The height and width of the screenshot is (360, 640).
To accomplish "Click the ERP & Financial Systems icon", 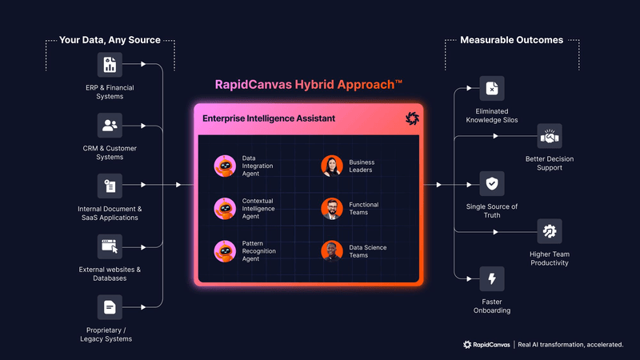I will pyautogui.click(x=110, y=66).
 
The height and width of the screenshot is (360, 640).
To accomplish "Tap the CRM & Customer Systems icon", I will pyautogui.click(x=110, y=126).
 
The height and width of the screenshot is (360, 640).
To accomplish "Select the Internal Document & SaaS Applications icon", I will pyautogui.click(x=110, y=186).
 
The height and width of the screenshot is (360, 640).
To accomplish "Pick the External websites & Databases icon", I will pyautogui.click(x=110, y=246).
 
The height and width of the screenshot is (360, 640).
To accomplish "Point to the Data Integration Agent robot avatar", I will pyautogui.click(x=224, y=166).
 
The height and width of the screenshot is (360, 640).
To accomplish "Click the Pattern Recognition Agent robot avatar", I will pyautogui.click(x=224, y=252).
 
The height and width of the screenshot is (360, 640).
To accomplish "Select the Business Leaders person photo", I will pyautogui.click(x=332, y=166).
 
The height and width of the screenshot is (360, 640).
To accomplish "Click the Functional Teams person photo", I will pyautogui.click(x=332, y=209).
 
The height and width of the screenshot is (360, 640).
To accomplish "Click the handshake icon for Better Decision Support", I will pyautogui.click(x=549, y=136).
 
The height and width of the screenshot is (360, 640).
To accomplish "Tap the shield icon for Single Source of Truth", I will pyautogui.click(x=491, y=184).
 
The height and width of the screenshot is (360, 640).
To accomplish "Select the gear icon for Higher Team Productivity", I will pyautogui.click(x=549, y=232).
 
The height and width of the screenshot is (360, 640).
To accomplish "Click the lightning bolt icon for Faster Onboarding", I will pyautogui.click(x=491, y=279).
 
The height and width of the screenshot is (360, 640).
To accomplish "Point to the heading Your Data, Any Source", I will pyautogui.click(x=110, y=39).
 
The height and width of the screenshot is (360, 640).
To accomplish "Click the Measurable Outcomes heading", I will pyautogui.click(x=511, y=39).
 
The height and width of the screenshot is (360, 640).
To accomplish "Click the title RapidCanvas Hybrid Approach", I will pyautogui.click(x=308, y=84).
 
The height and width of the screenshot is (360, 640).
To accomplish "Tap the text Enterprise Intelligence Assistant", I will pyautogui.click(x=269, y=118).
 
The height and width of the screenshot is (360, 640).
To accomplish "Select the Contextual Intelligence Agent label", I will pyautogui.click(x=259, y=209).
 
